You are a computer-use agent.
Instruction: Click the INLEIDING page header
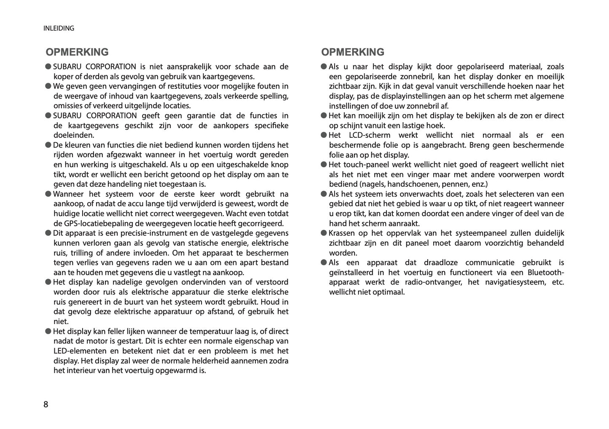tap(59, 28)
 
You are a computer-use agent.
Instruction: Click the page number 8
tap(46, 405)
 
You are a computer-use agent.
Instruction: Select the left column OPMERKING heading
tap(77, 52)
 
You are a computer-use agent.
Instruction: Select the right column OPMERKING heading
tap(353, 52)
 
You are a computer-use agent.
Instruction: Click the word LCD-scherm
tap(370, 135)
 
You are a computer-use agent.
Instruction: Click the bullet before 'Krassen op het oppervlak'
tap(324, 233)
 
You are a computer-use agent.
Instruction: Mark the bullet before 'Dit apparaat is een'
tap(48, 233)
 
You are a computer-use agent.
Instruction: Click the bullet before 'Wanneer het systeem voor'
tap(48, 194)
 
